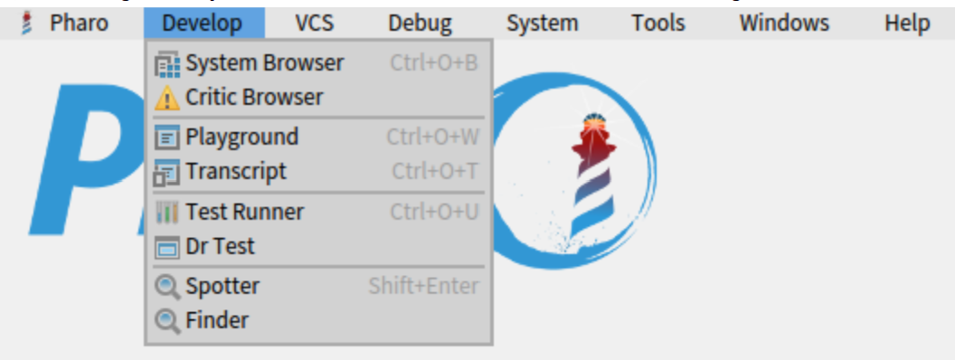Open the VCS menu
(315, 23)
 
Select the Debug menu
(420, 23)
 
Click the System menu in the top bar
(543, 23)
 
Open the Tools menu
(658, 23)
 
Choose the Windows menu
(784, 23)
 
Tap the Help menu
(907, 23)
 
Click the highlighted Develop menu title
(203, 23)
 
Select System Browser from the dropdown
(264, 63)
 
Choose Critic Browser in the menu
(254, 97)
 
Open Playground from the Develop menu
(241, 137)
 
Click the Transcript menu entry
(235, 171)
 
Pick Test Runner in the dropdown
(244, 212)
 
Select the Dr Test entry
(220, 246)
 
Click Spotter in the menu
(222, 286)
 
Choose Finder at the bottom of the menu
(217, 320)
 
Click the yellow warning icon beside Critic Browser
(167, 98)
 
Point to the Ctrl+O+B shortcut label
(434, 63)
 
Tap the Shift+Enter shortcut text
(423, 286)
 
